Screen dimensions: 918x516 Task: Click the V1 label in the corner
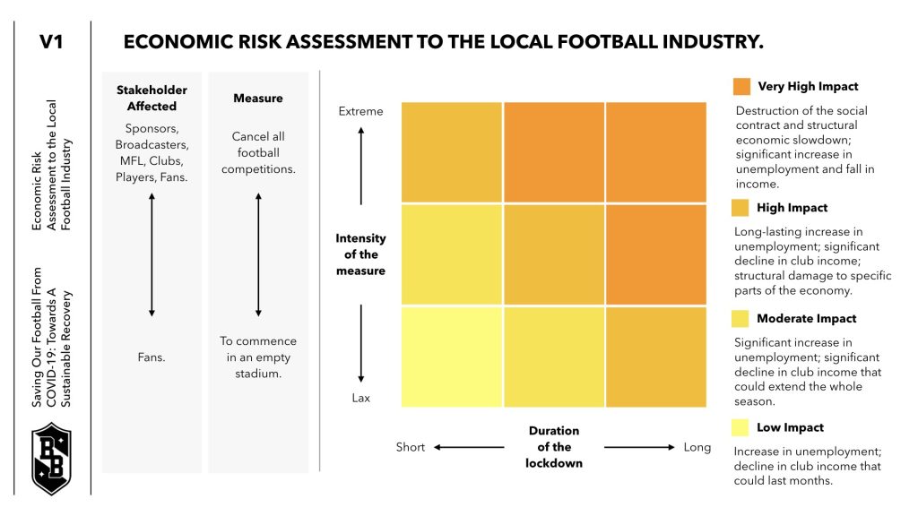tap(51, 42)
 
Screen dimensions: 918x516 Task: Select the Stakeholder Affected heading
tap(152, 98)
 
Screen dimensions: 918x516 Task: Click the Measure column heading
tap(258, 98)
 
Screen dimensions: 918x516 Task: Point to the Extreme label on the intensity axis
tap(360, 111)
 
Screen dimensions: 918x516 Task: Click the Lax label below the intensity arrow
tap(360, 398)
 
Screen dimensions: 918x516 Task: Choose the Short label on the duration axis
tap(411, 447)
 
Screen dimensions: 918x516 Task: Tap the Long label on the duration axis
tap(697, 447)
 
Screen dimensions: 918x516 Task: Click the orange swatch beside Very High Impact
tap(741, 87)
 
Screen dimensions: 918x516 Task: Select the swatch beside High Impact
tap(740, 208)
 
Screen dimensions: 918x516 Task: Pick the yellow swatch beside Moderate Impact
tap(740, 318)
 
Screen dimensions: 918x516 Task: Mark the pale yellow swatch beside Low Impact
tap(740, 427)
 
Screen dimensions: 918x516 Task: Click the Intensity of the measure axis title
tap(360, 254)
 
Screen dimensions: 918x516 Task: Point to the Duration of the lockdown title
tap(554, 447)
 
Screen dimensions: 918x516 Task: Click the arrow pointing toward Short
tap(469, 447)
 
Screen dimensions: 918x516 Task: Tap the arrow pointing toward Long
tap(639, 447)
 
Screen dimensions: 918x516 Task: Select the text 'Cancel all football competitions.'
tap(258, 152)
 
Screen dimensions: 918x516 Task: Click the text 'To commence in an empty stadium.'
tap(258, 357)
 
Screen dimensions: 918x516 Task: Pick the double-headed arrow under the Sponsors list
tap(152, 255)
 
